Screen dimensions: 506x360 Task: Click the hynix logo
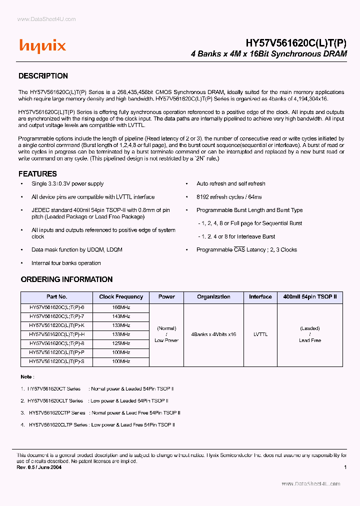click(x=42, y=46)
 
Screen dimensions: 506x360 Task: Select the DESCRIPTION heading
click(x=43, y=76)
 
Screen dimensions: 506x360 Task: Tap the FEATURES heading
click(x=37, y=174)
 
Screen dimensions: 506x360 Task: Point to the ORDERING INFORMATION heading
click(x=66, y=279)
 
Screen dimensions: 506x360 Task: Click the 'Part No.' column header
click(x=56, y=297)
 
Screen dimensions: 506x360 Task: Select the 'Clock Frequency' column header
click(x=121, y=297)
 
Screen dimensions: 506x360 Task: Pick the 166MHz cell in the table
click(x=121, y=307)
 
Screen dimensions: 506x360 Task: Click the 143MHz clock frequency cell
click(x=121, y=316)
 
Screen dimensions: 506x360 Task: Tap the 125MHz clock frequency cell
click(x=121, y=343)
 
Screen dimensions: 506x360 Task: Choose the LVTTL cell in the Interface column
click(x=260, y=334)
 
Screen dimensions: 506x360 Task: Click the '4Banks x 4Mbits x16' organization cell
click(x=213, y=334)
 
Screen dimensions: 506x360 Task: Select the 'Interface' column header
click(x=260, y=297)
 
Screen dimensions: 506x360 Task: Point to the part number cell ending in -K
click(x=56, y=325)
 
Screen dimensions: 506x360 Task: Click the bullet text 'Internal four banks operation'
click(x=66, y=263)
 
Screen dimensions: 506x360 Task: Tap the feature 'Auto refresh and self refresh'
click(x=231, y=184)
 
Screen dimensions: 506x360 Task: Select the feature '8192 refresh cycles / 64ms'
click(x=229, y=197)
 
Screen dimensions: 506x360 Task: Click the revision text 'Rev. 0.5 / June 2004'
click(x=39, y=467)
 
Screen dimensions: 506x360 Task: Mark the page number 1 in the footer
click(x=345, y=467)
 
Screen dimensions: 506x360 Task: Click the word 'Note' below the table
click(x=26, y=376)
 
